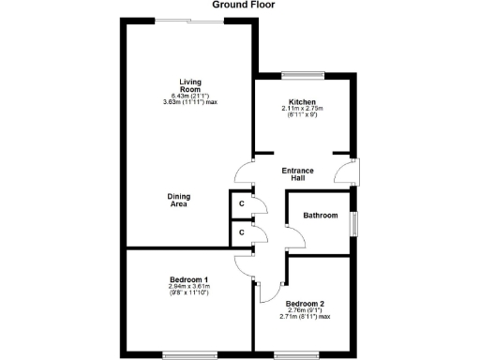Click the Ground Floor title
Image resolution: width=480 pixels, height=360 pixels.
tap(240, 5)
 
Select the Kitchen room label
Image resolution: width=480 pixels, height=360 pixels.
tap(302, 101)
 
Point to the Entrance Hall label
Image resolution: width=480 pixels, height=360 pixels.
tap(298, 174)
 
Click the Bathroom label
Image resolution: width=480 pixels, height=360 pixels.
tap(320, 216)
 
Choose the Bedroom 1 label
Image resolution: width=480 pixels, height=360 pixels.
tap(188, 280)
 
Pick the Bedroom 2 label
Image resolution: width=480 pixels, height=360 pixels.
tap(305, 304)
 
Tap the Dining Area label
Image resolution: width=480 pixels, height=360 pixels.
tap(179, 200)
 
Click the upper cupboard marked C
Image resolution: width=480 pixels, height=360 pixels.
tap(241, 203)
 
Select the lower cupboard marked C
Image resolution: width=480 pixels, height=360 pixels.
tap(241, 231)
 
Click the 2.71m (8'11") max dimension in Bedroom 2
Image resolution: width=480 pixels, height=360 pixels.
tap(305, 317)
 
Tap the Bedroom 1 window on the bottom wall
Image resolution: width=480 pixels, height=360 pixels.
tap(189, 353)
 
